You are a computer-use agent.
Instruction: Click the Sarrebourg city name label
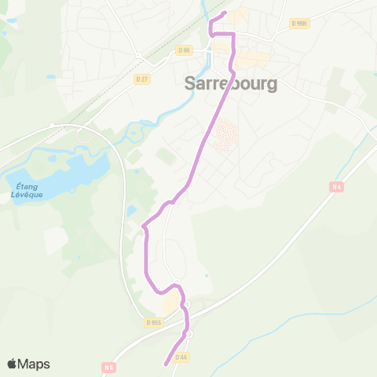point(231,83)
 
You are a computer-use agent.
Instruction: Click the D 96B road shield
point(298,24)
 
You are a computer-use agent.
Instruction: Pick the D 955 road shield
point(153,322)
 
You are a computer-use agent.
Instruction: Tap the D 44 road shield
point(181,357)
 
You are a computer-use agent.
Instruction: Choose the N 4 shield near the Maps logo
point(108,367)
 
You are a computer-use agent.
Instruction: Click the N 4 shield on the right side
point(336,187)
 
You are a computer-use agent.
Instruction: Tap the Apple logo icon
point(13,364)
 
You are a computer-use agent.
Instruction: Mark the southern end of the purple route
point(166,364)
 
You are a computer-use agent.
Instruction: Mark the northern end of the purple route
point(225,13)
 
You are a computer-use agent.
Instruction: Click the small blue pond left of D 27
point(50,77)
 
